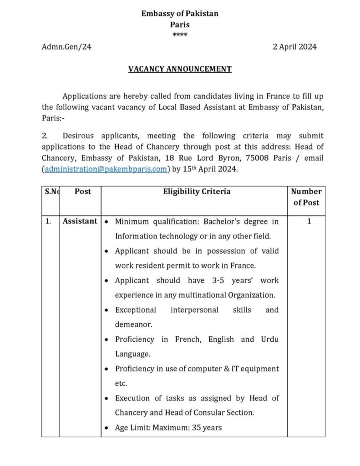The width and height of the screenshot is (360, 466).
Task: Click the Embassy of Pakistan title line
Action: tap(179, 14)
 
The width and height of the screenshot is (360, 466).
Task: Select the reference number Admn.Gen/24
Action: tap(66, 47)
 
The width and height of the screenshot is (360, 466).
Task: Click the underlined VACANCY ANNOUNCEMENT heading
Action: tap(180, 69)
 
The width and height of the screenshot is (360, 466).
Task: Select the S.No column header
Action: tap(52, 192)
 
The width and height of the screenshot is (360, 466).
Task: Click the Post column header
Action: tap(82, 192)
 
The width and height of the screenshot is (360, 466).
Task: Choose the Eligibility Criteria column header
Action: tap(197, 192)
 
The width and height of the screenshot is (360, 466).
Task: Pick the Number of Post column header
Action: tap(306, 197)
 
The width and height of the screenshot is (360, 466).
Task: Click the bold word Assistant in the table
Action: tap(80, 221)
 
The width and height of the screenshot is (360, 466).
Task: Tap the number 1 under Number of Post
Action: tap(309, 222)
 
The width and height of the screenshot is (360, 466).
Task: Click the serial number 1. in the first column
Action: tap(48, 222)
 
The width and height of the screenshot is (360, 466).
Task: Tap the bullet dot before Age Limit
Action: tap(106, 428)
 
